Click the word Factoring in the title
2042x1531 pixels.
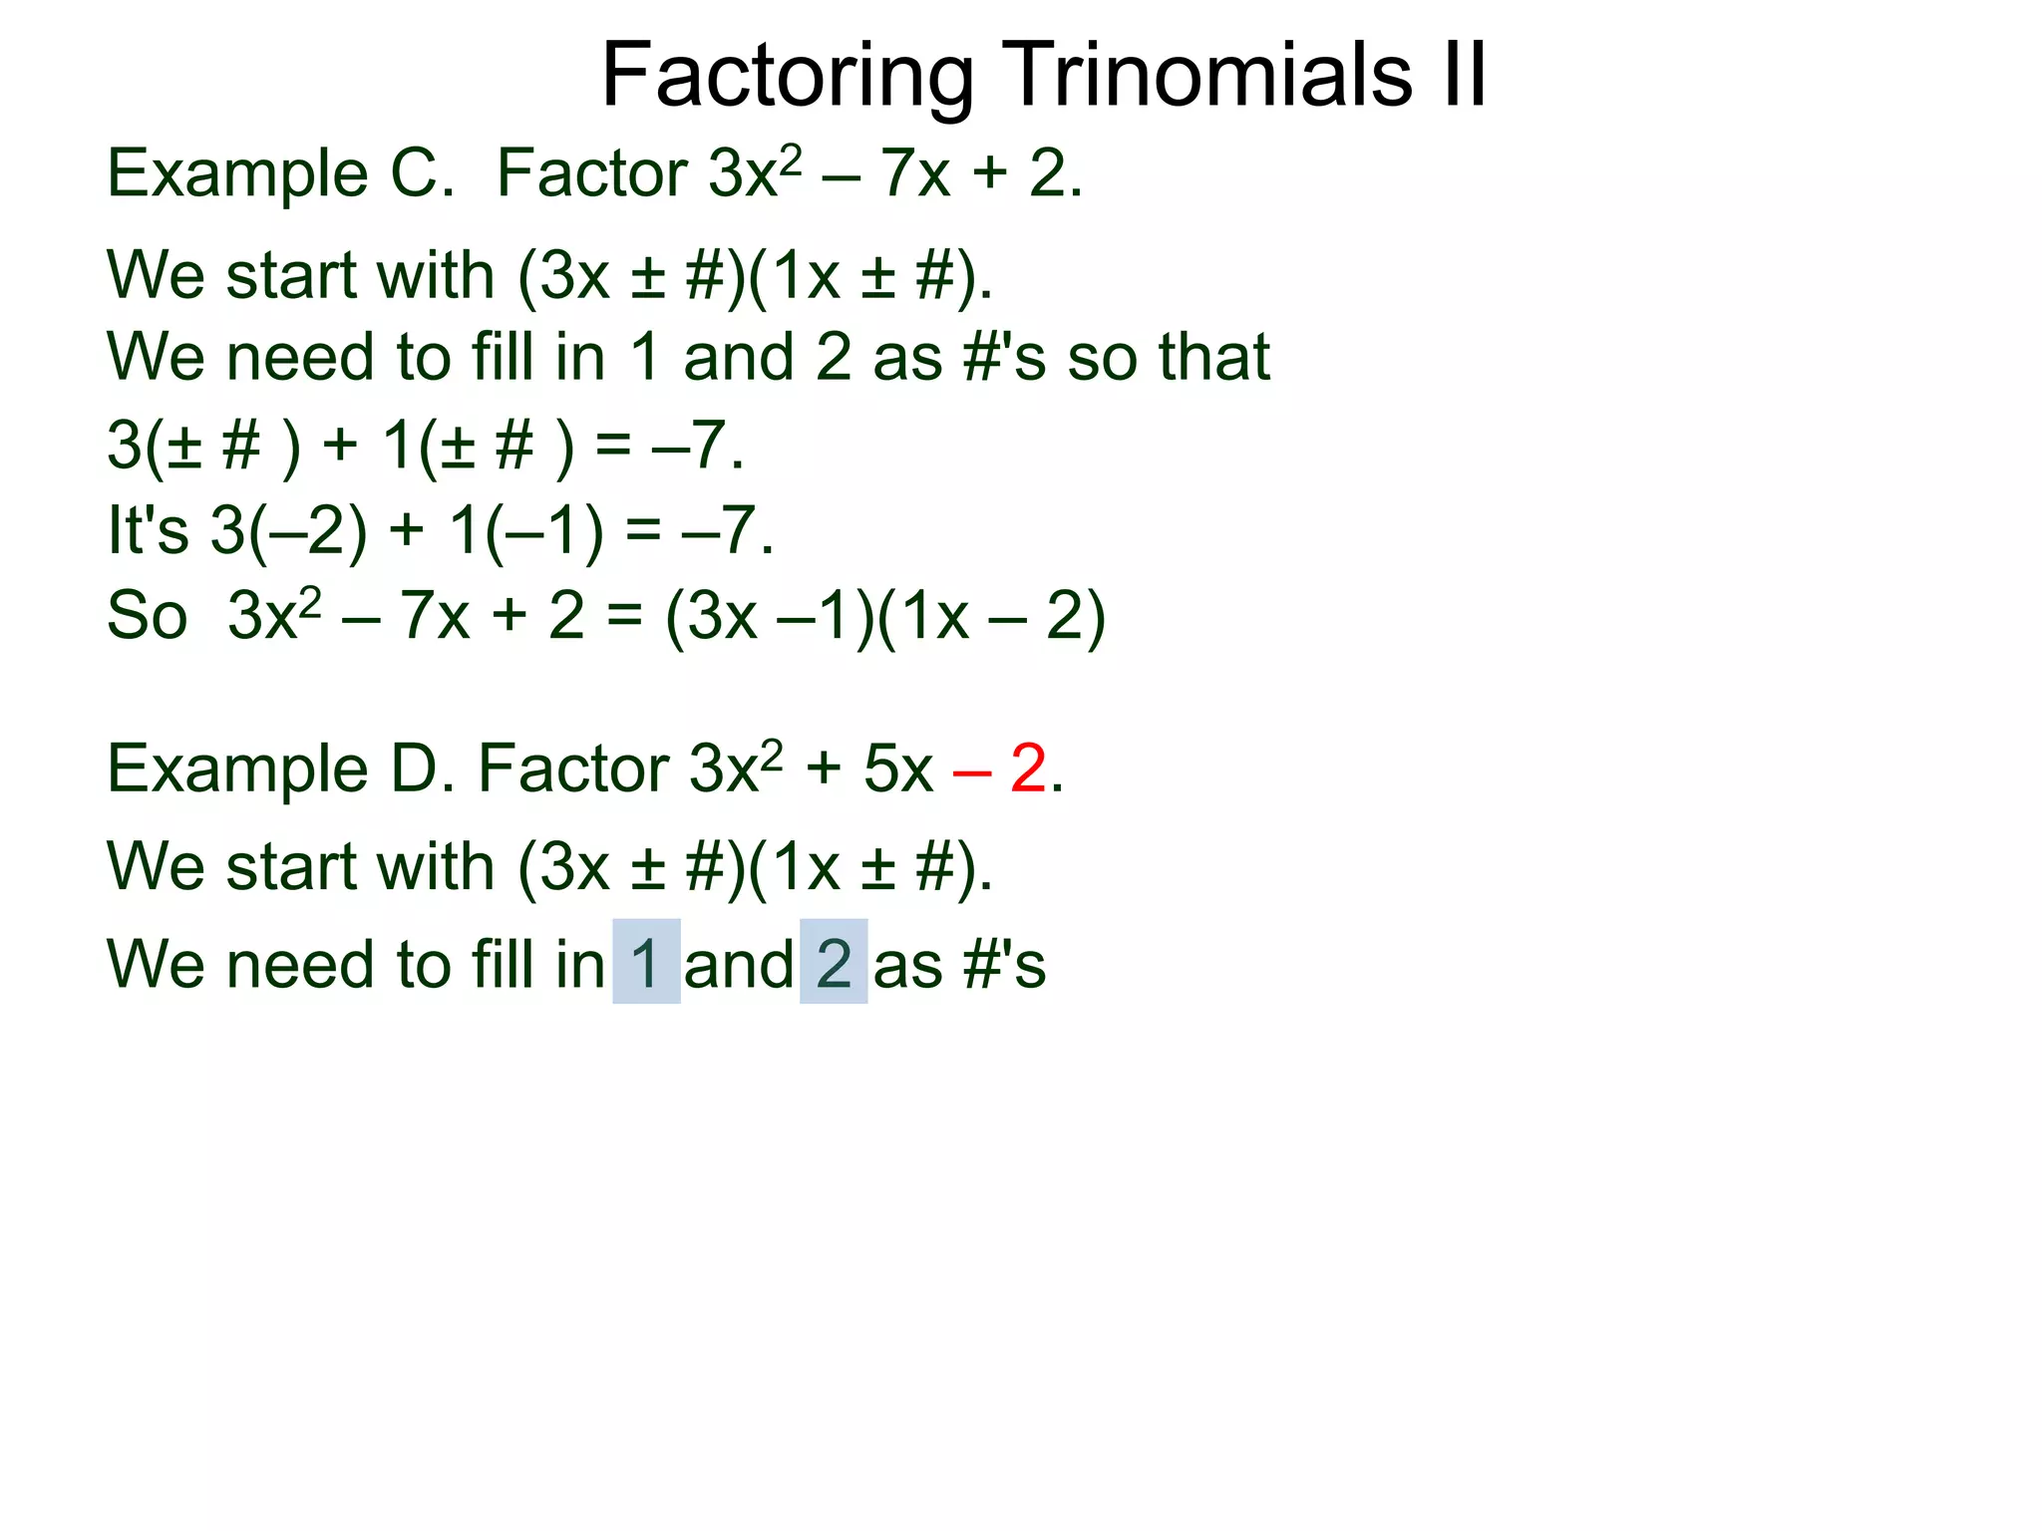pyautogui.click(x=788, y=77)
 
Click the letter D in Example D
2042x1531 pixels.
pyautogui.click(x=415, y=769)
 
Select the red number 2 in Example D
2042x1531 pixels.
pyautogui.click(x=1028, y=769)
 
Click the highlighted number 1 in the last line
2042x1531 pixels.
pyautogui.click(x=646, y=963)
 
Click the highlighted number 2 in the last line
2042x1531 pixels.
pyautogui.click(x=834, y=963)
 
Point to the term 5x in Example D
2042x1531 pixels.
pyautogui.click(x=898, y=769)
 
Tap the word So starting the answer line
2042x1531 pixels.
pyautogui.click(x=148, y=617)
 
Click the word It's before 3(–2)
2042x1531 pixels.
pyautogui.click(x=148, y=530)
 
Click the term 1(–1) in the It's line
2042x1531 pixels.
pyautogui.click(x=525, y=530)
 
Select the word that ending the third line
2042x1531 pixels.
pyautogui.click(x=1213, y=357)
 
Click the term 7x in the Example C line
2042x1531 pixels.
pyautogui.click(x=914, y=173)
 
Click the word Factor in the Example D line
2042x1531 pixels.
pyautogui.click(x=573, y=769)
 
